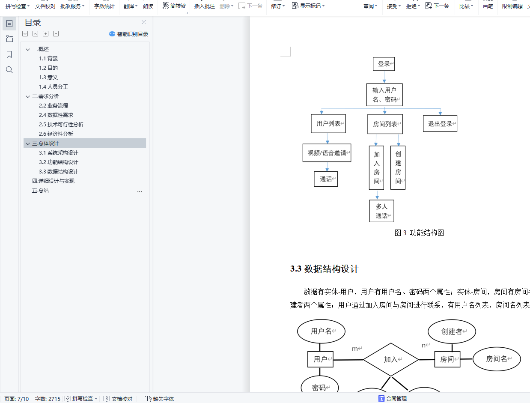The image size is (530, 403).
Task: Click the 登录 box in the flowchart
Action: (x=384, y=64)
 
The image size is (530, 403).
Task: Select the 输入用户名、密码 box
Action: (x=384, y=95)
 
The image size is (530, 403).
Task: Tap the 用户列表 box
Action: (x=328, y=124)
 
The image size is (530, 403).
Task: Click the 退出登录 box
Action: (x=440, y=124)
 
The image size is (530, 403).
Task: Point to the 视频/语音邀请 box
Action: (x=327, y=153)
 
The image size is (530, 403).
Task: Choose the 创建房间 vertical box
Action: (x=398, y=167)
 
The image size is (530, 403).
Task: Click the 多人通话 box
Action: (x=381, y=211)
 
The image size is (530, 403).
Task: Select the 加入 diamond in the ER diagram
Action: (x=390, y=360)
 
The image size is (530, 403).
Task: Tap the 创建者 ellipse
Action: (x=452, y=331)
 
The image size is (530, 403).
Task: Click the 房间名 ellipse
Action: (x=497, y=359)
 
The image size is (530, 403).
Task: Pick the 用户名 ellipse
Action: (x=321, y=331)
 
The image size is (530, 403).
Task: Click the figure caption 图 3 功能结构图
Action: (x=419, y=233)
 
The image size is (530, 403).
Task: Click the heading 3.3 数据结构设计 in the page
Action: (x=325, y=269)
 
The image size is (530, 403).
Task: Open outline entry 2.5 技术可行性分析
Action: (x=61, y=125)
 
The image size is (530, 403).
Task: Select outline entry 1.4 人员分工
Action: (x=54, y=87)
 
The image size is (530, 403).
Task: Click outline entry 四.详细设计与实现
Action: (x=53, y=181)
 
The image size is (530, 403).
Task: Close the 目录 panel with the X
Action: (x=144, y=22)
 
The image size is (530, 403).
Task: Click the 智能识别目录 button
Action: (x=128, y=34)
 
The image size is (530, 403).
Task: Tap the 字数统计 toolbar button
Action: (x=104, y=6)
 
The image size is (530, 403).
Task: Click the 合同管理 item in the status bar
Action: (x=393, y=399)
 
